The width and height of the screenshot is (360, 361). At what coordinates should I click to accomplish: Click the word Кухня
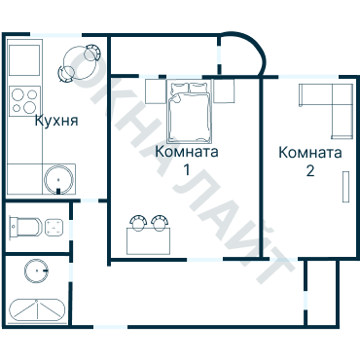tap(56, 122)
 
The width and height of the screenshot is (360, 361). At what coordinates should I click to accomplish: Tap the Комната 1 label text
tap(187, 161)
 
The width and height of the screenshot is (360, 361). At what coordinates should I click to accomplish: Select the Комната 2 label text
tap(310, 162)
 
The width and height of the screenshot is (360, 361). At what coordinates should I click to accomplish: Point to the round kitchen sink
tap(58, 179)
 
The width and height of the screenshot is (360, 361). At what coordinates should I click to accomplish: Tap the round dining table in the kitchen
tap(77, 64)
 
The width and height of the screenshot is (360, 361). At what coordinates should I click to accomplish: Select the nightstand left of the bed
tap(157, 91)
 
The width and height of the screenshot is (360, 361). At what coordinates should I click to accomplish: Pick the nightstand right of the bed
tap(224, 91)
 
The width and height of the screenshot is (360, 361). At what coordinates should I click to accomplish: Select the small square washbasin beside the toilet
tap(54, 228)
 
